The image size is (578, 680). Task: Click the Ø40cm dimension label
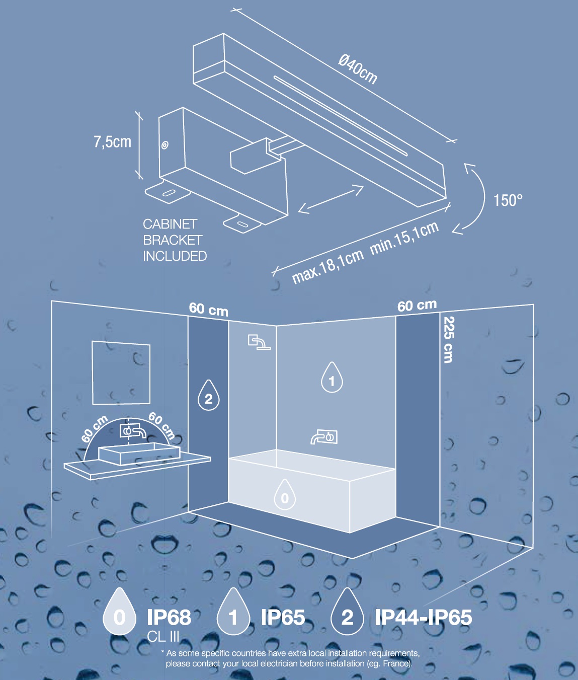coord(358,69)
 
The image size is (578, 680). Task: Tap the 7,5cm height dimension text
coord(113,142)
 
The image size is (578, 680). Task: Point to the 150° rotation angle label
coord(508,200)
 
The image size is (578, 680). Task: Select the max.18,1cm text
coord(327,267)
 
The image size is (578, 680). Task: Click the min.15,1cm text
coord(404,238)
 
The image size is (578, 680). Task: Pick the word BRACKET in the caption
coord(173,240)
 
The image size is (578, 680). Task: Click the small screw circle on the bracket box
coord(165,145)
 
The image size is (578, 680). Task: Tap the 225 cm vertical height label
coord(448,340)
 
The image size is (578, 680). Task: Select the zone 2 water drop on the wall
coord(208,395)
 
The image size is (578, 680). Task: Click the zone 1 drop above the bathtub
coord(332,377)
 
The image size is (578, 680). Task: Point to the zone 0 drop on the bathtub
coord(285,495)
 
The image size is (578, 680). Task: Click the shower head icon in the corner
coord(259,342)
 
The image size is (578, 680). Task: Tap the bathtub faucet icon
coord(324,437)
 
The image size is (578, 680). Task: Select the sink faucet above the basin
coord(133,431)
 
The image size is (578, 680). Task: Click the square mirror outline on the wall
coord(121,373)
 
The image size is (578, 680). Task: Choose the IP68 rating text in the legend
coord(169,617)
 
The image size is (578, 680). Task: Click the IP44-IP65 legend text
coord(424,617)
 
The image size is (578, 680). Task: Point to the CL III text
coord(163,637)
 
